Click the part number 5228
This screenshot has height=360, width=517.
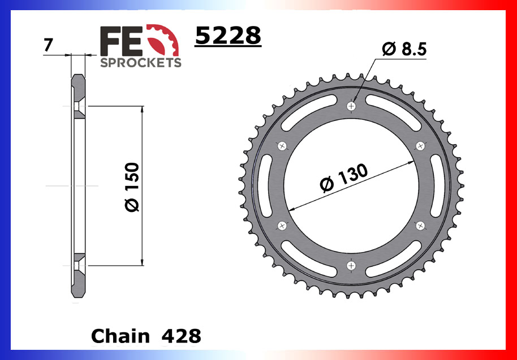coord(228,36)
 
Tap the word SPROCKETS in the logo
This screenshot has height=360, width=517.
coord(141,62)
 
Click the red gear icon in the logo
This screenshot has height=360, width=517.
coord(167,41)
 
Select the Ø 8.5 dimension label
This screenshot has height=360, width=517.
coord(404,50)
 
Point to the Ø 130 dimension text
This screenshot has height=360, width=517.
coord(343,179)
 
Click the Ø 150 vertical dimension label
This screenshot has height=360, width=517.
coord(132,186)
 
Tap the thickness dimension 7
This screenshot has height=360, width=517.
coord(48,45)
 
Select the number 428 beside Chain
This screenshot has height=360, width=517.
coord(181,336)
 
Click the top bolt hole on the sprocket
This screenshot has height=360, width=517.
coord(352,106)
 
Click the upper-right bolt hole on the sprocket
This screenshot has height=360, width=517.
coord(420,146)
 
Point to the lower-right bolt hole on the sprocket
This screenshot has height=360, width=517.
coord(420,225)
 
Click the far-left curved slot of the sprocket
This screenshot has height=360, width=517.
coord(265,186)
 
